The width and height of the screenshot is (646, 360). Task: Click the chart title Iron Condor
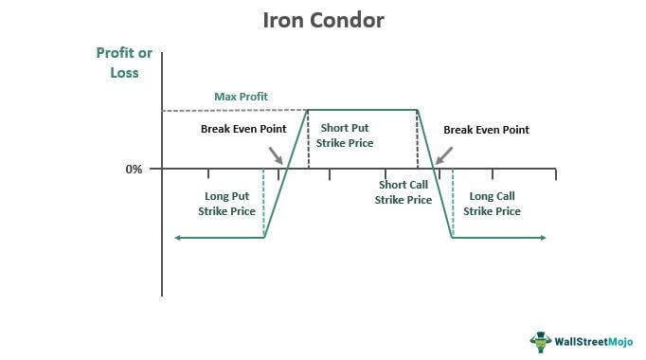[323, 20]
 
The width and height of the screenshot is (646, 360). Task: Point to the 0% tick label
[133, 170]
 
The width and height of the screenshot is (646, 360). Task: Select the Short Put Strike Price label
[347, 135]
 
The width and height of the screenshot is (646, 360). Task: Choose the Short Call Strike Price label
[403, 192]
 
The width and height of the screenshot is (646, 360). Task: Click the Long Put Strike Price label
[226, 204]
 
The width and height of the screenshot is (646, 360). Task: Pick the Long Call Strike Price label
[492, 204]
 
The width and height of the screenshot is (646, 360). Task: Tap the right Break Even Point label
[486, 129]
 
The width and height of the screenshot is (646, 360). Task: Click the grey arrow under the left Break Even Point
[275, 154]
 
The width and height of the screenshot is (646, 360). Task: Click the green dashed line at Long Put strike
[263, 203]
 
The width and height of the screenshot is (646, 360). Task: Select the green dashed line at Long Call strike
[453, 203]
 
